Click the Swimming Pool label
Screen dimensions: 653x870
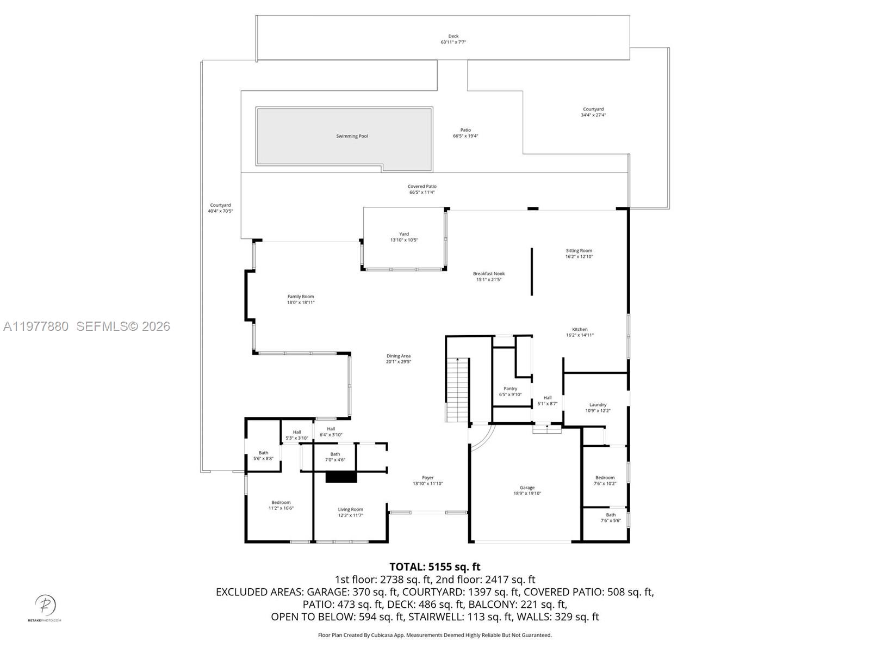pyautogui.click(x=352, y=136)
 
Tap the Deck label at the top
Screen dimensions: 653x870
pyautogui.click(x=453, y=36)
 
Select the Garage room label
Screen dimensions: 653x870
pyautogui.click(x=527, y=488)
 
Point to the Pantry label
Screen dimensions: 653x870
pyautogui.click(x=510, y=389)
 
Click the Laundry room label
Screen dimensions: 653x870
pyautogui.click(x=598, y=404)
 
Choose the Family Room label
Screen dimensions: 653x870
pyautogui.click(x=301, y=297)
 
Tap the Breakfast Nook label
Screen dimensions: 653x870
pyautogui.click(x=488, y=274)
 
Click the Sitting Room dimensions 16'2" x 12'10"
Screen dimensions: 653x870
pyautogui.click(x=579, y=256)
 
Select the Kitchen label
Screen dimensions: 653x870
pyautogui.click(x=580, y=329)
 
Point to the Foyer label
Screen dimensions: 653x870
pyautogui.click(x=427, y=478)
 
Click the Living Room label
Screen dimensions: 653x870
pyautogui.click(x=350, y=509)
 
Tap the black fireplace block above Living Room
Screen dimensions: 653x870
pyautogui.click(x=341, y=477)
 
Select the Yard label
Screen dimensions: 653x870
pyautogui.click(x=404, y=234)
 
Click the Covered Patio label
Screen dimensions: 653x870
pyautogui.click(x=422, y=186)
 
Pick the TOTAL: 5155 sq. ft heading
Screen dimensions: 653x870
pyautogui.click(x=434, y=567)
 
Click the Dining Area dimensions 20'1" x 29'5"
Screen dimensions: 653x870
pyautogui.click(x=399, y=361)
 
